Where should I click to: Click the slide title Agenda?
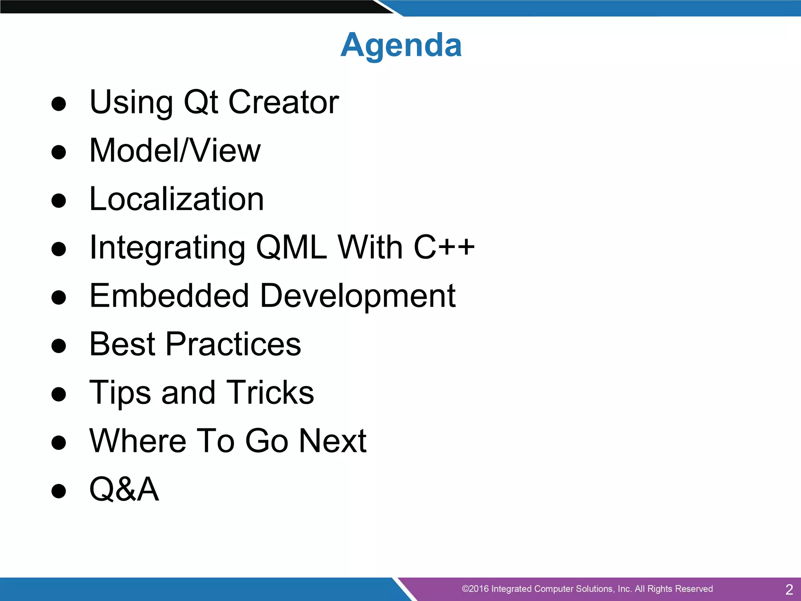tap(401, 45)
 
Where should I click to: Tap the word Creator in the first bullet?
tap(284, 102)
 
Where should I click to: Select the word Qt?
tap(201, 102)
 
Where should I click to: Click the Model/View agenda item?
tap(175, 151)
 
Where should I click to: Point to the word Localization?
tap(177, 199)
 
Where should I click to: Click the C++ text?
tap(444, 247)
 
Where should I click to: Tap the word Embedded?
tap(169, 296)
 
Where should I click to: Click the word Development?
tap(357, 296)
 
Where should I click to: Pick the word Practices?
tap(233, 344)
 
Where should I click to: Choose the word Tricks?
tap(270, 392)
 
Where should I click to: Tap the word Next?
tap(332, 441)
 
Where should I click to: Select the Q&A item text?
tap(124, 489)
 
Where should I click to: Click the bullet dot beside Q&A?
tap(59, 491)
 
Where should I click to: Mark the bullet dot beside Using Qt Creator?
tap(59, 104)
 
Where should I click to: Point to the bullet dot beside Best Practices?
tap(59, 346)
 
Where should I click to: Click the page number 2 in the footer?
tap(789, 589)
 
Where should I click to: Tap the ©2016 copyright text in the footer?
tap(587, 589)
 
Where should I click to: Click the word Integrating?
tap(167, 247)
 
